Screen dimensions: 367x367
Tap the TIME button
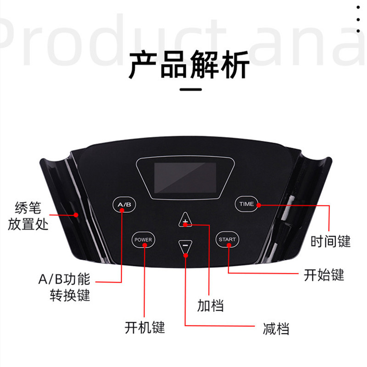pos(246,204)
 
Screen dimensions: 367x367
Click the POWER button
pos(143,239)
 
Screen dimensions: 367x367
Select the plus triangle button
pos(185,220)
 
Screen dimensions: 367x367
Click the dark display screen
pos(185,178)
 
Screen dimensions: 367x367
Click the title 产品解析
pos(189,65)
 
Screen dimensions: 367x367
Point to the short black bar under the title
pos(191,89)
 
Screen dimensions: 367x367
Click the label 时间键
pos(330,241)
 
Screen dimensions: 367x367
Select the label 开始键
pos(324,275)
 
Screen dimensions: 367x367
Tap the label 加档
pos(211,305)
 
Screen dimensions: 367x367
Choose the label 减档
pos(276,328)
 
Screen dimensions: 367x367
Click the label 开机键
pos(145,327)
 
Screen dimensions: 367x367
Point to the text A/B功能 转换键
pos(64,287)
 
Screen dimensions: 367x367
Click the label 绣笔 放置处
pos(28,216)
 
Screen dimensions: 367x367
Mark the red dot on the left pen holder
pos(76,215)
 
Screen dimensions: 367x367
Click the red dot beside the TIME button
pos(259,205)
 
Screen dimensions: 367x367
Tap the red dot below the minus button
pos(186,256)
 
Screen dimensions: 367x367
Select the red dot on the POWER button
pos(145,245)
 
